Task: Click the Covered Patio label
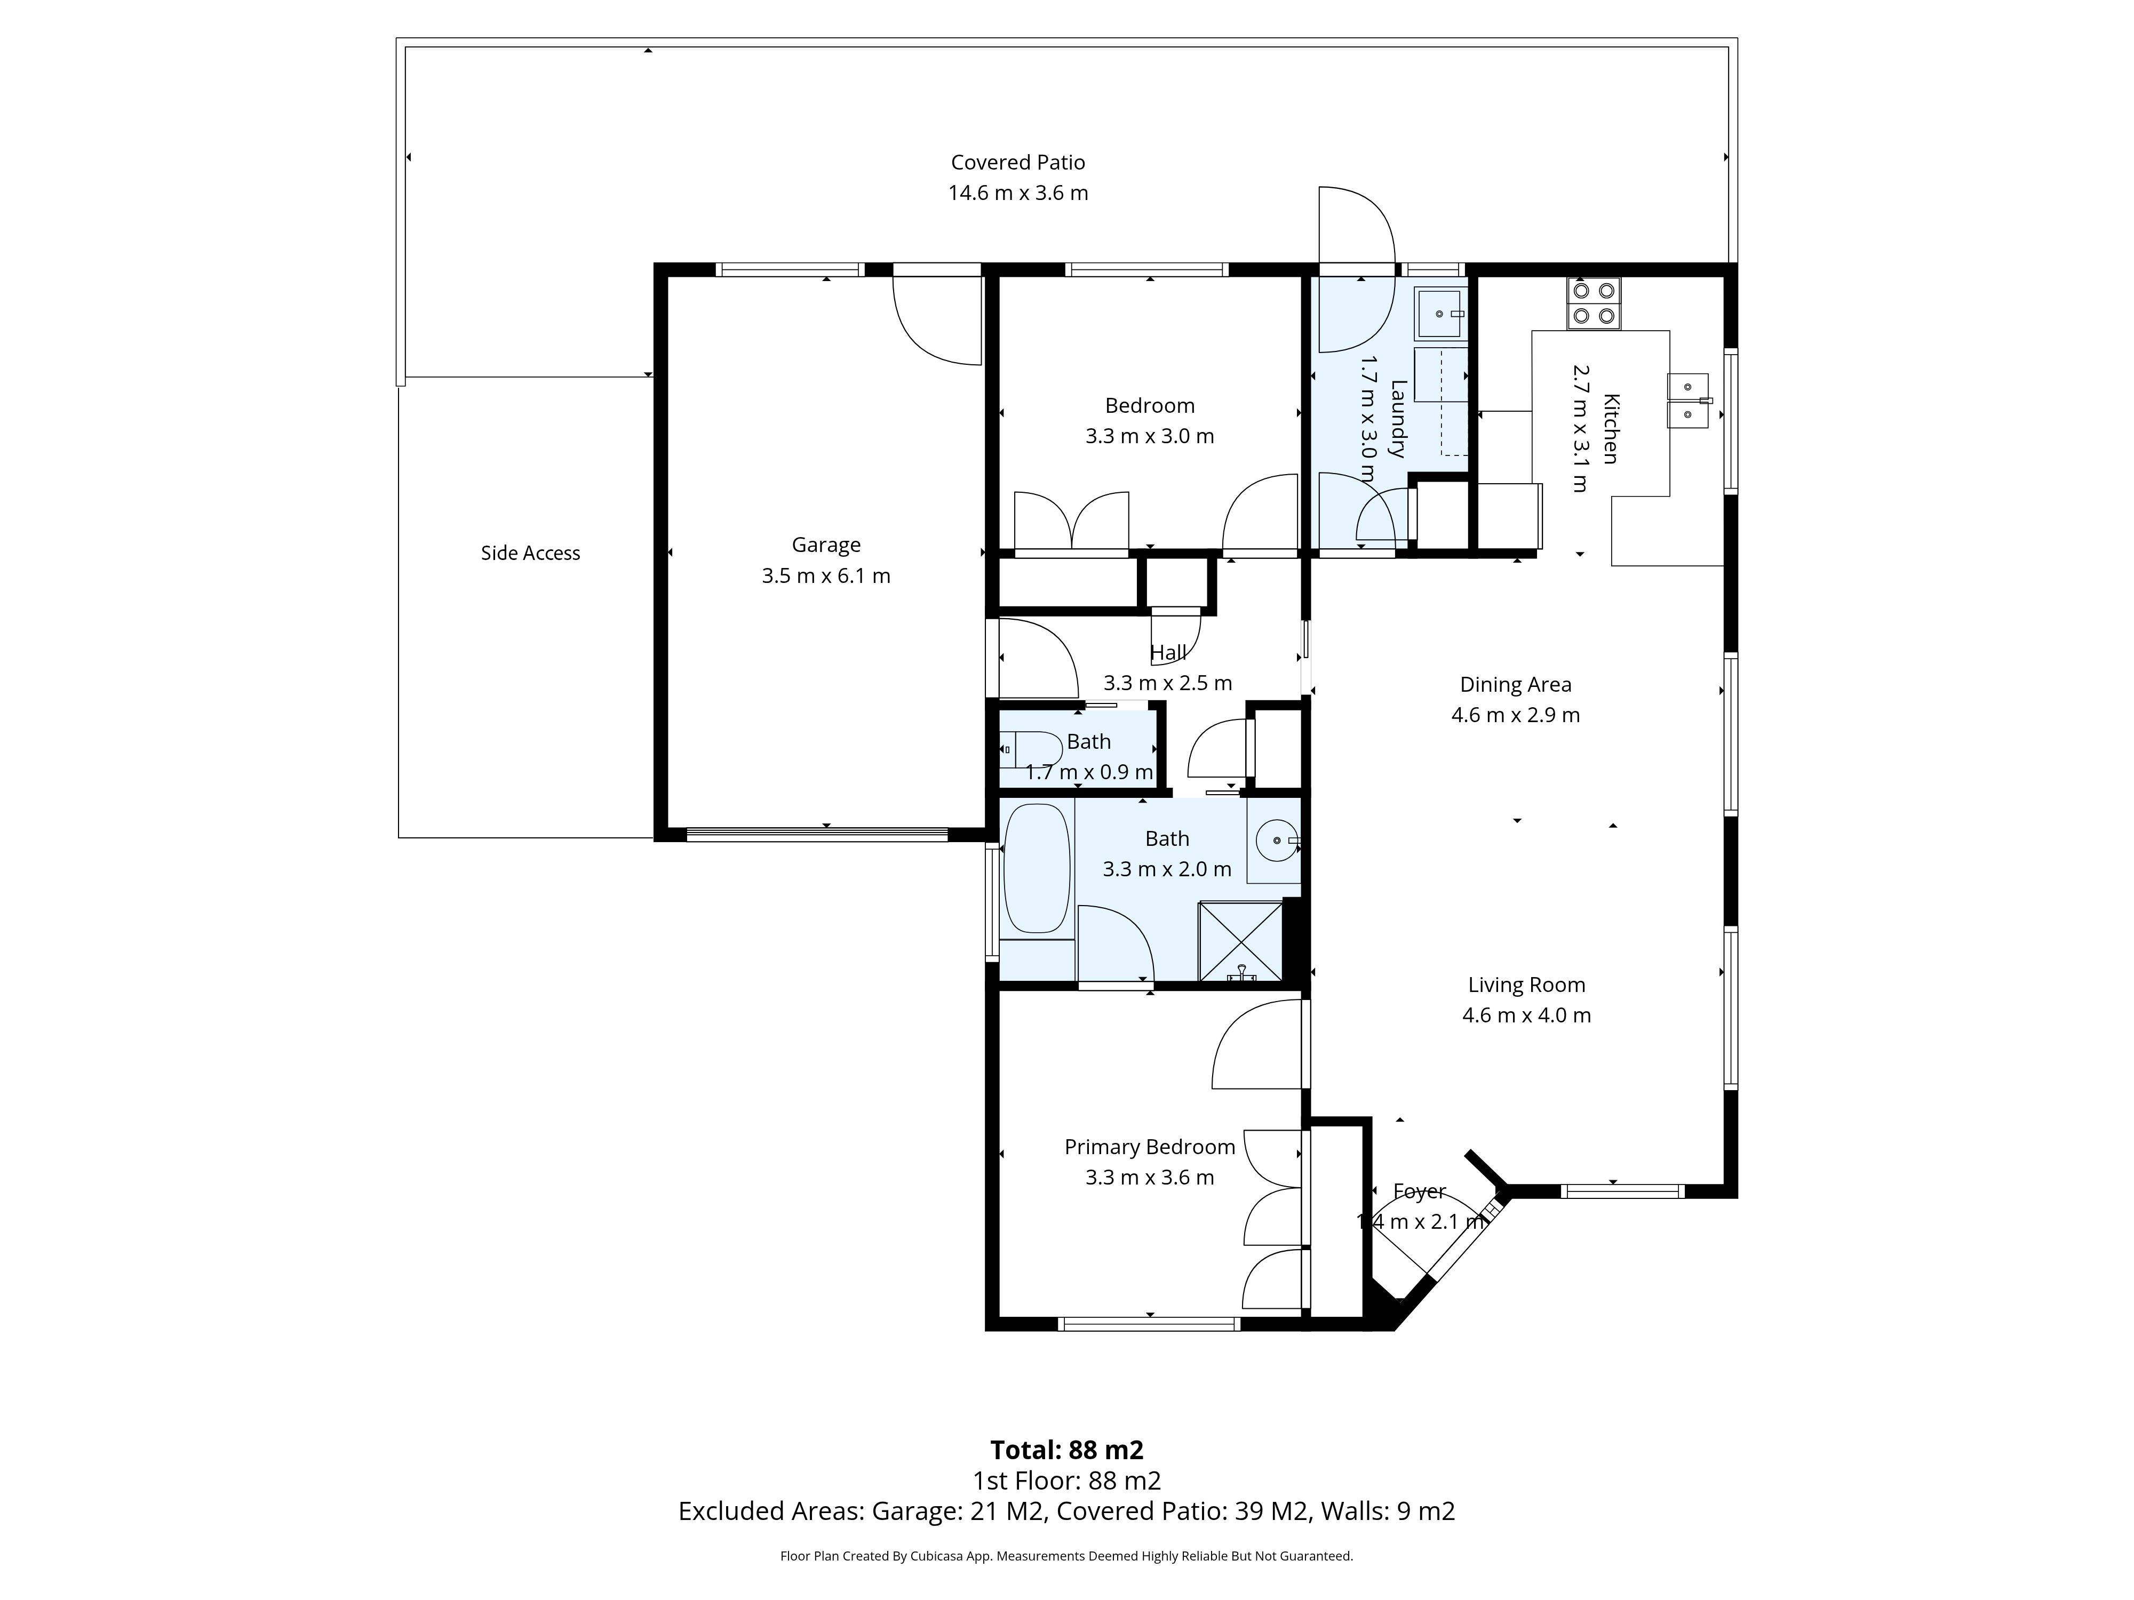1018,162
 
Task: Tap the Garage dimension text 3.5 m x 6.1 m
826,576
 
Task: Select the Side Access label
530,553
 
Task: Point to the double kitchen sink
1687,400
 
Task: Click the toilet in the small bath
1021,749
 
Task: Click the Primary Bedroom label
1149,1147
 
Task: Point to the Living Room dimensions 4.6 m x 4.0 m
1526,1014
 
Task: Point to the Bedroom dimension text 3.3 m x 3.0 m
1149,436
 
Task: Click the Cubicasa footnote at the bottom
1066,1556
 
